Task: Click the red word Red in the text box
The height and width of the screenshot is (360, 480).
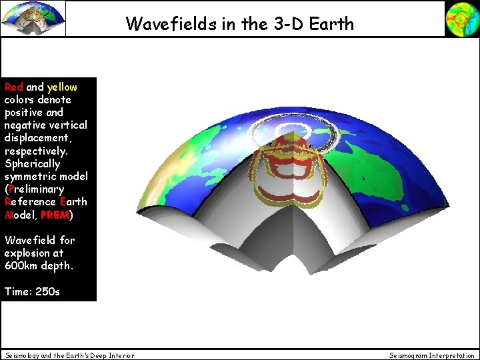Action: click(14, 87)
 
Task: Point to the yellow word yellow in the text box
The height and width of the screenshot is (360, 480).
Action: click(62, 87)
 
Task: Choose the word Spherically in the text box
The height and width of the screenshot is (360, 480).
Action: click(32, 163)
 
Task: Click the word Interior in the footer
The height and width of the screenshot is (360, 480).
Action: click(121, 355)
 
